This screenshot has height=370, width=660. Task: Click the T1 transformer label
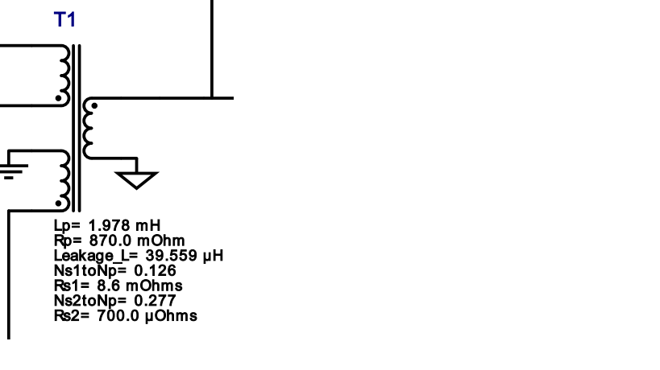click(x=64, y=20)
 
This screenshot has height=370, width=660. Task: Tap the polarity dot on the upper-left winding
click(x=59, y=98)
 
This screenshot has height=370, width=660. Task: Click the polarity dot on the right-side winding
click(x=94, y=106)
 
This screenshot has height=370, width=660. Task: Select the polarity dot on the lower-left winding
click(x=59, y=203)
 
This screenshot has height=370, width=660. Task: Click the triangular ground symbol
click(x=136, y=179)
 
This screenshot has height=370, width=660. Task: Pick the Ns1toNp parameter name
click(x=90, y=270)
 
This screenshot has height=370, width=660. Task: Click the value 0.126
click(x=155, y=270)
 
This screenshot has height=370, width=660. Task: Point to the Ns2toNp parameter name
click(x=90, y=301)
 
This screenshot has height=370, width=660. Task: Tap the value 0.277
click(x=155, y=301)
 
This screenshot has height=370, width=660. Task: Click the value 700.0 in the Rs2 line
click(x=118, y=316)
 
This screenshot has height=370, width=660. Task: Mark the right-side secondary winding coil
click(x=88, y=128)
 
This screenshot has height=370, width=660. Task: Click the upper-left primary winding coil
click(x=64, y=75)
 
